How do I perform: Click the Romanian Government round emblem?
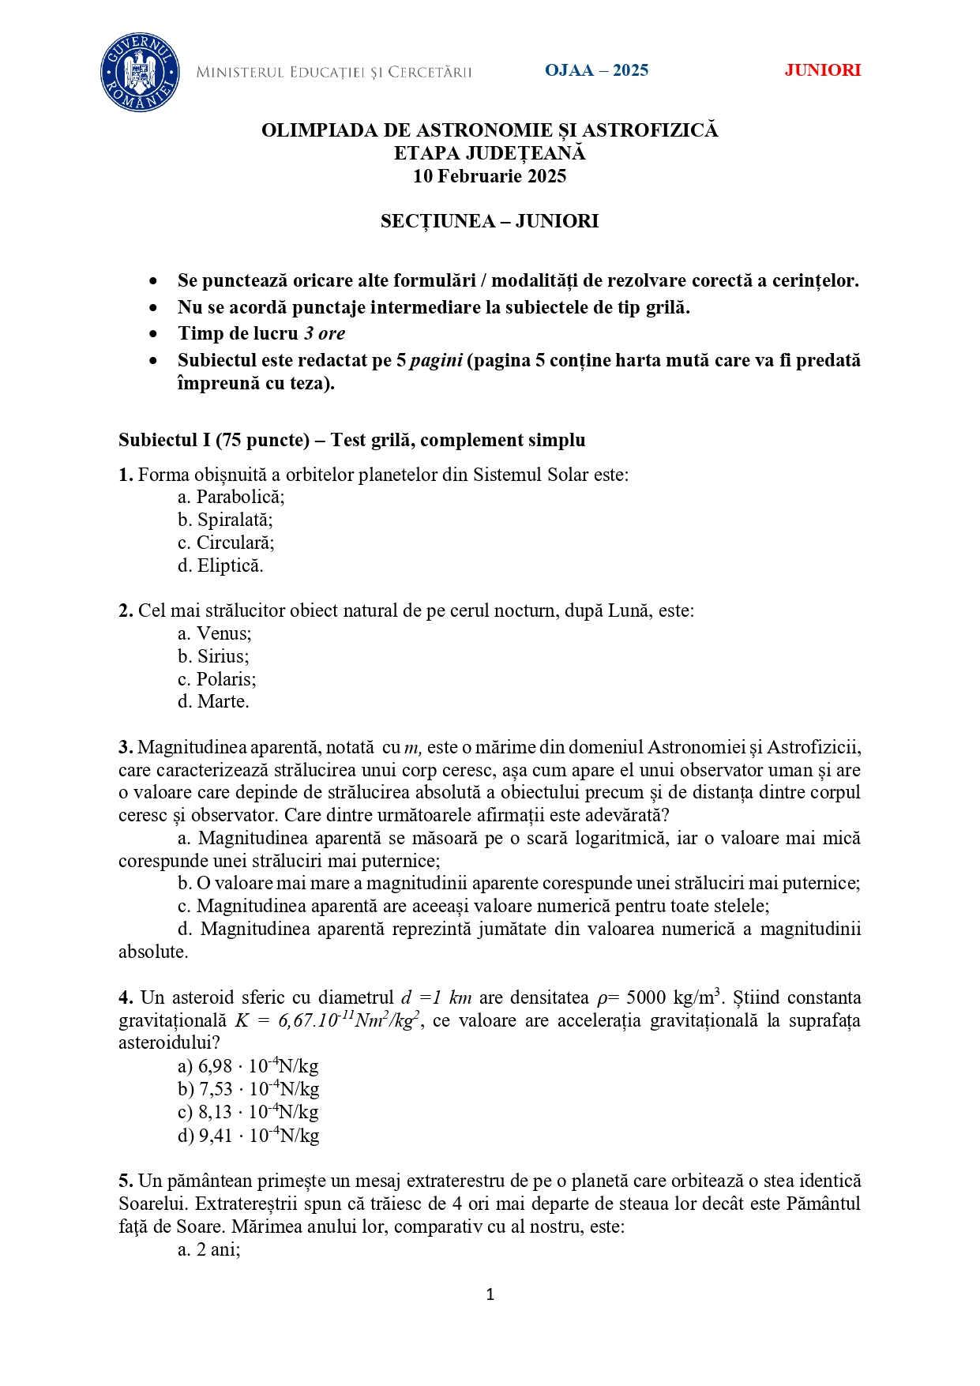pos(140,72)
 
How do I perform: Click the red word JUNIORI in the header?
pos(822,70)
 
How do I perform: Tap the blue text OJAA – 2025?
pos(596,70)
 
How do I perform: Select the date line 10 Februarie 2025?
pos(490,176)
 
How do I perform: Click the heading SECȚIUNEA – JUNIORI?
pos(490,221)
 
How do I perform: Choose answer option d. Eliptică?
pos(220,565)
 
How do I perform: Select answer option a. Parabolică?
pos(231,497)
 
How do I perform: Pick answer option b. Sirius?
pos(213,656)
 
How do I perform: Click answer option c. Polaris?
pos(217,679)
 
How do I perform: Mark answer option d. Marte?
pos(213,701)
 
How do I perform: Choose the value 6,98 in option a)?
pos(215,1067)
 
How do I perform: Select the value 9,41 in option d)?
pos(216,1136)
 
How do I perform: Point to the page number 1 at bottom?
pos(490,1294)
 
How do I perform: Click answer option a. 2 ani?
pos(209,1249)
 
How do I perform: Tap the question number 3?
pos(126,747)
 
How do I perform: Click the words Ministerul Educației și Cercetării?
pos(333,73)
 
